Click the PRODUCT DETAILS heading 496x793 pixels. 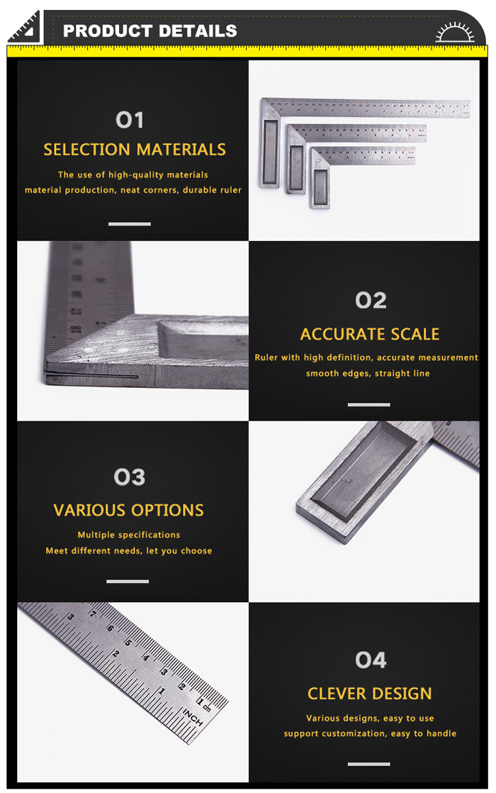(150, 30)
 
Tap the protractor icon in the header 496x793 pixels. (455, 32)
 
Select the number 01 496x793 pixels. (130, 121)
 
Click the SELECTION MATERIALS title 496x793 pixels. (135, 150)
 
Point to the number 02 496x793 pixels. (371, 301)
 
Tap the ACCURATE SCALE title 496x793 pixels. (370, 334)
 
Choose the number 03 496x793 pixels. (129, 477)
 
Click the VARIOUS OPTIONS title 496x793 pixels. (129, 510)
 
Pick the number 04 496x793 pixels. (371, 660)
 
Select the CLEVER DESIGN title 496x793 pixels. (370, 694)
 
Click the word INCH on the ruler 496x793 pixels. (193, 718)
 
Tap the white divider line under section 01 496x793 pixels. (129, 223)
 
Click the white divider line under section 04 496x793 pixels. (368, 764)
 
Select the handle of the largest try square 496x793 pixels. (270, 152)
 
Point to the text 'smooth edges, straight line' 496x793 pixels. (368, 374)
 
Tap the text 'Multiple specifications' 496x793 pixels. (129, 535)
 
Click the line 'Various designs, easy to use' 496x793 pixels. (370, 719)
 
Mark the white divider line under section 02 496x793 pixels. (368, 404)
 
